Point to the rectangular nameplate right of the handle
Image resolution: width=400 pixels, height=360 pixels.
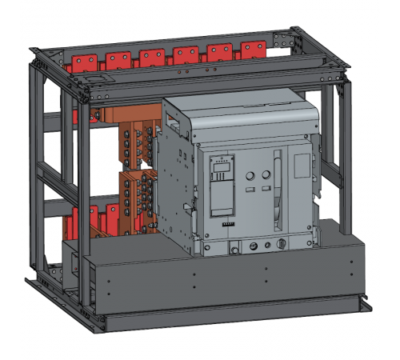[301, 167]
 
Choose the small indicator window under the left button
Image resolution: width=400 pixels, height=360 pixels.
[248, 190]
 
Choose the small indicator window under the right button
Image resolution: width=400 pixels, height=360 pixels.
[263, 190]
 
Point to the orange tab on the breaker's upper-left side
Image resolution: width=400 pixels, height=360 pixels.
[172, 122]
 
